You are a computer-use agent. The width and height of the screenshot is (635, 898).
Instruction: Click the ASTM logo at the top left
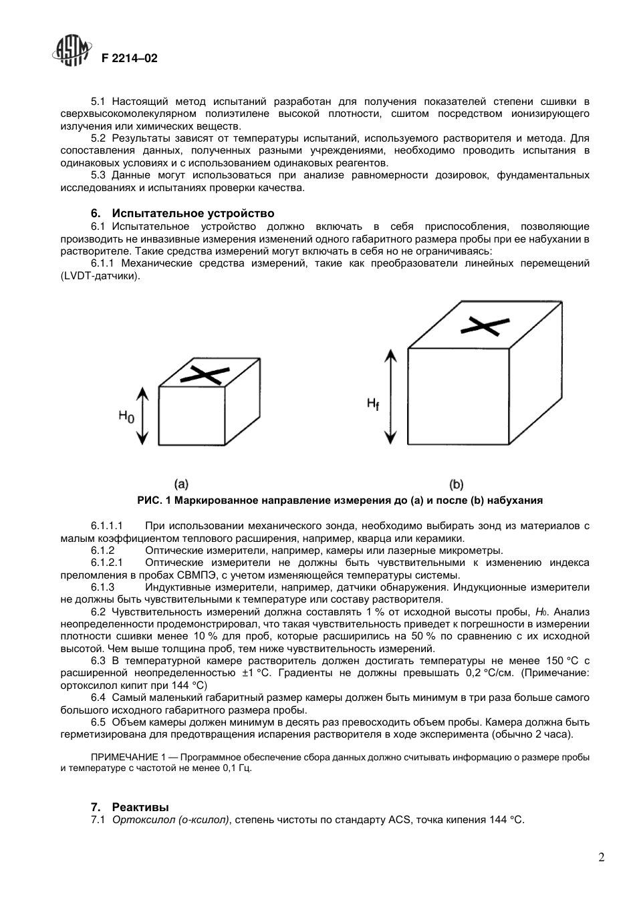(x=72, y=51)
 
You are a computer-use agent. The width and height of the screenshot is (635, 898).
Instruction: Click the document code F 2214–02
(x=129, y=59)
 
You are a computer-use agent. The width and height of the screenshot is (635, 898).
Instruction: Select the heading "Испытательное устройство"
(x=193, y=214)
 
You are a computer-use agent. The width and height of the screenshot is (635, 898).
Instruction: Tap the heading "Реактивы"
(x=140, y=807)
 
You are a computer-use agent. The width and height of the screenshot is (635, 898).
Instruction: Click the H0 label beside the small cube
(x=126, y=416)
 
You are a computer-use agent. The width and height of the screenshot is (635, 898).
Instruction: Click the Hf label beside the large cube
(x=372, y=404)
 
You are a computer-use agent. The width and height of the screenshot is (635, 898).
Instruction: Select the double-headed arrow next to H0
(x=141, y=415)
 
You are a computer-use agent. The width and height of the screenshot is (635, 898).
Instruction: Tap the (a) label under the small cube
(x=181, y=484)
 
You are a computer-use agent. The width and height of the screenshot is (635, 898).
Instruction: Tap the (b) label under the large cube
(x=457, y=484)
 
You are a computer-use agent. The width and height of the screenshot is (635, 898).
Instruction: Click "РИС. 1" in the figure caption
(x=155, y=500)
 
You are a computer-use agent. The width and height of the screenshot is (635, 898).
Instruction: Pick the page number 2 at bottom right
(x=602, y=858)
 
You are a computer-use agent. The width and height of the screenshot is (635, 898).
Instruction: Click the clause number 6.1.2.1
(x=108, y=563)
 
